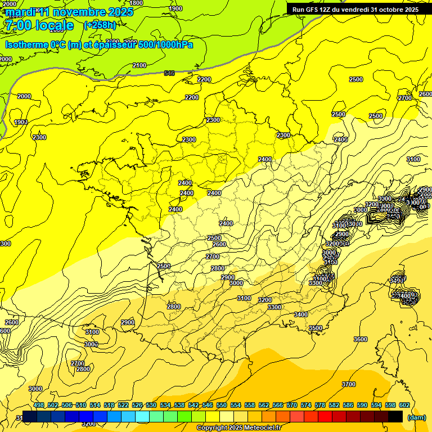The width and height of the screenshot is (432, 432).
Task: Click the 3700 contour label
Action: [x=349, y=384]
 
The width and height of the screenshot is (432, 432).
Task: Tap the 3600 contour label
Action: [x=361, y=339]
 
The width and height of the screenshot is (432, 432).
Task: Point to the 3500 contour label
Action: [x=316, y=328]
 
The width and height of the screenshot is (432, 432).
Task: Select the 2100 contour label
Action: [x=139, y=66]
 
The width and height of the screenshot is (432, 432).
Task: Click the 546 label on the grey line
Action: [x=169, y=73]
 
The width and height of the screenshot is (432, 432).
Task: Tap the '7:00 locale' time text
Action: [x=38, y=25]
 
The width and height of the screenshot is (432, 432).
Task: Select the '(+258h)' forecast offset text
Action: [x=100, y=25]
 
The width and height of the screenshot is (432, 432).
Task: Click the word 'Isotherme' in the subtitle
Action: [x=26, y=44]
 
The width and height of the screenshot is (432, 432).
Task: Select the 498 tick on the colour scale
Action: [x=39, y=406]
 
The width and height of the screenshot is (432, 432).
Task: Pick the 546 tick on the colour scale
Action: [x=208, y=406]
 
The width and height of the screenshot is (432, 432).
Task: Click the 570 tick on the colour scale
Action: [x=292, y=406]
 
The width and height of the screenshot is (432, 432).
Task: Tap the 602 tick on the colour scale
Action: [x=404, y=406]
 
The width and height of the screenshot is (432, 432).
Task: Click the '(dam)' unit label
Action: [x=416, y=417]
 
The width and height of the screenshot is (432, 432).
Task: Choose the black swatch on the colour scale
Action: [x=395, y=416]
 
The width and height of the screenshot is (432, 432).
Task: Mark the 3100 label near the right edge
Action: [x=413, y=159]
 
